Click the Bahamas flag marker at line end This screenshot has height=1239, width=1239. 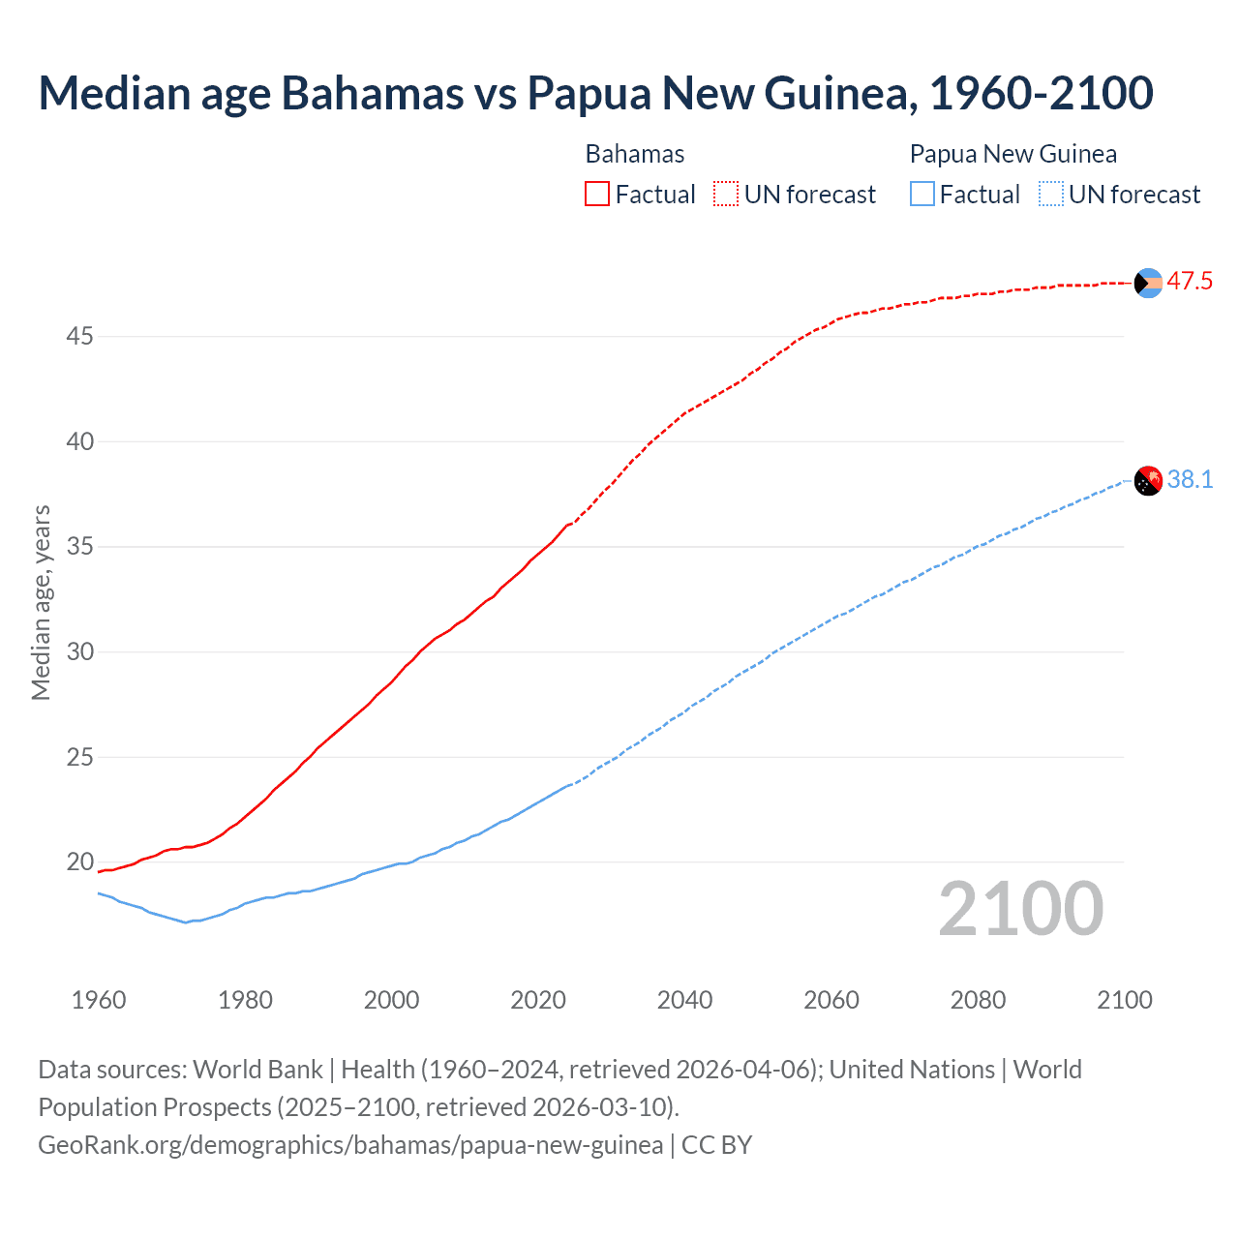coord(1148,283)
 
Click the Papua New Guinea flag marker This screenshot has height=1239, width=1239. coord(1148,480)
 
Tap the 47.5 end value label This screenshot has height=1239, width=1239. coord(1190,282)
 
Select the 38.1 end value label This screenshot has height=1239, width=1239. coord(1190,479)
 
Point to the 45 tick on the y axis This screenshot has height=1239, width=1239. coord(80,337)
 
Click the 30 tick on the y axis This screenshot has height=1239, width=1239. coord(80,651)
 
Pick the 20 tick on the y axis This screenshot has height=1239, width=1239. coord(80,861)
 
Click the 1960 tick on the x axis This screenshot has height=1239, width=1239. coord(99,1000)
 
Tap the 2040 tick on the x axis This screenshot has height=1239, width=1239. coord(684,1000)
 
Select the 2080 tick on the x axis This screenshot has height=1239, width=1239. coord(978,1000)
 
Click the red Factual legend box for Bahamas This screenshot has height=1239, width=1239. coord(597,195)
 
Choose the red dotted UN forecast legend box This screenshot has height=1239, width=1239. coord(726,195)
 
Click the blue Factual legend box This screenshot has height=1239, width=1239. coord(922,195)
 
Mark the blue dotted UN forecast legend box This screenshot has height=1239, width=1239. coord(1051,195)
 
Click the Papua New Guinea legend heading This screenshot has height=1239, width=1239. coord(1012,154)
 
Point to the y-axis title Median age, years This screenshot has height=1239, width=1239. coord(41,602)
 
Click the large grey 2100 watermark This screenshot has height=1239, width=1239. coord(1020,908)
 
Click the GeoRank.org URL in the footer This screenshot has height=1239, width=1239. coord(350,1145)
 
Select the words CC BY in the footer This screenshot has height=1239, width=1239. coord(716,1145)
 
